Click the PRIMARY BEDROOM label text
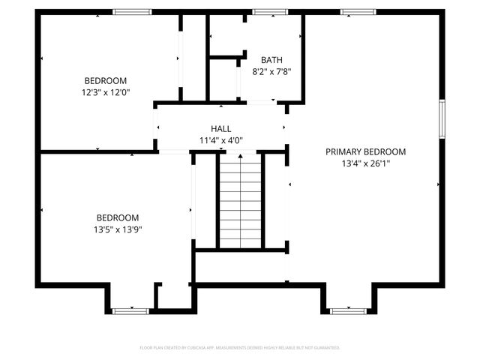tap(365, 151)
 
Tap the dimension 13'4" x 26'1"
tap(365, 163)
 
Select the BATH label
tap(271, 60)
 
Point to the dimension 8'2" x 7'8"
tap(271, 72)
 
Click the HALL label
tap(220, 129)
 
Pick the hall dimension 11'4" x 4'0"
tap(220, 140)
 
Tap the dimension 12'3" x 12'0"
tap(105, 92)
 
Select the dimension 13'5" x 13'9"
tap(113, 229)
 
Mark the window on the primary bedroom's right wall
tap(442, 120)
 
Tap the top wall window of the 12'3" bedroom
tap(132, 12)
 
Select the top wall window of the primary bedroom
tap(357, 12)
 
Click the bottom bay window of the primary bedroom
tap(349, 310)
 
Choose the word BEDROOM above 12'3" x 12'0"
tap(105, 81)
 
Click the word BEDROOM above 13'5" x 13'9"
tap(113, 217)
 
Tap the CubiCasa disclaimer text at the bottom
tap(240, 348)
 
